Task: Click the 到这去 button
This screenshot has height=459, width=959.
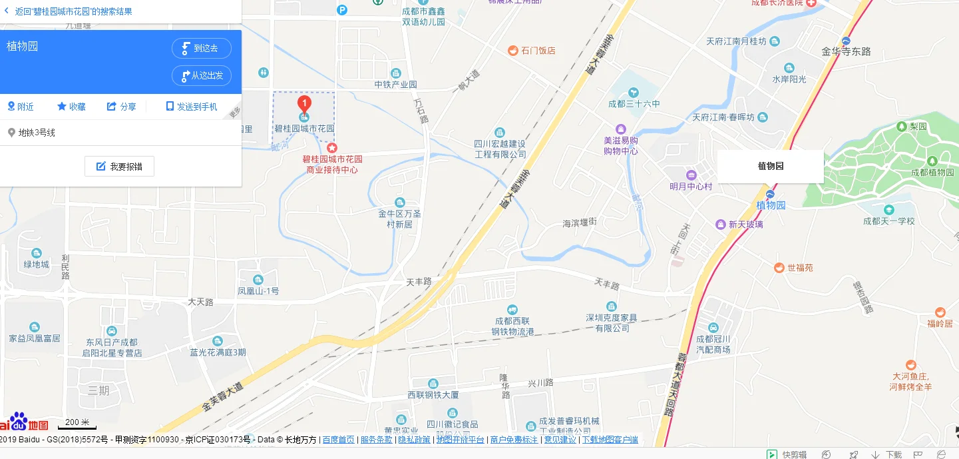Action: [202, 48]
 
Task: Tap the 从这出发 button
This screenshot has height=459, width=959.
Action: [202, 75]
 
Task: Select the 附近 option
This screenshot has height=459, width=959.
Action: [21, 107]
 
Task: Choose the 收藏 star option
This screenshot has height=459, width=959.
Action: [71, 107]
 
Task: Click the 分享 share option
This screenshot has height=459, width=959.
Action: [122, 107]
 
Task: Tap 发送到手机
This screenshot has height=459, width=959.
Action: [192, 107]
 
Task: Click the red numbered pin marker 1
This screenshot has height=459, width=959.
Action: [304, 104]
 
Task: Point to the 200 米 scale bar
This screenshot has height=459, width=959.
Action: [77, 424]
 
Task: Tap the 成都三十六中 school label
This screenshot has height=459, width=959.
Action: [634, 104]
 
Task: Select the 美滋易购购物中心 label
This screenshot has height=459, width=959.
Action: [620, 145]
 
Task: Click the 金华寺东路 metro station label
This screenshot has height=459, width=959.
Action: [846, 51]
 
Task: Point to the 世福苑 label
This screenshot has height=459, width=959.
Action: [800, 268]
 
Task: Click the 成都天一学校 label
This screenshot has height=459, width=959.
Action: [888, 221]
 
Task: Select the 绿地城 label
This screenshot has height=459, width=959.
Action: [37, 264]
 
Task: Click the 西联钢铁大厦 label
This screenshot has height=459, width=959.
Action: [433, 395]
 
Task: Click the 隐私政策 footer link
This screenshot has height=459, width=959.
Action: [414, 440]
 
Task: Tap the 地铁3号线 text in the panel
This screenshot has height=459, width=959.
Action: [37, 133]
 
